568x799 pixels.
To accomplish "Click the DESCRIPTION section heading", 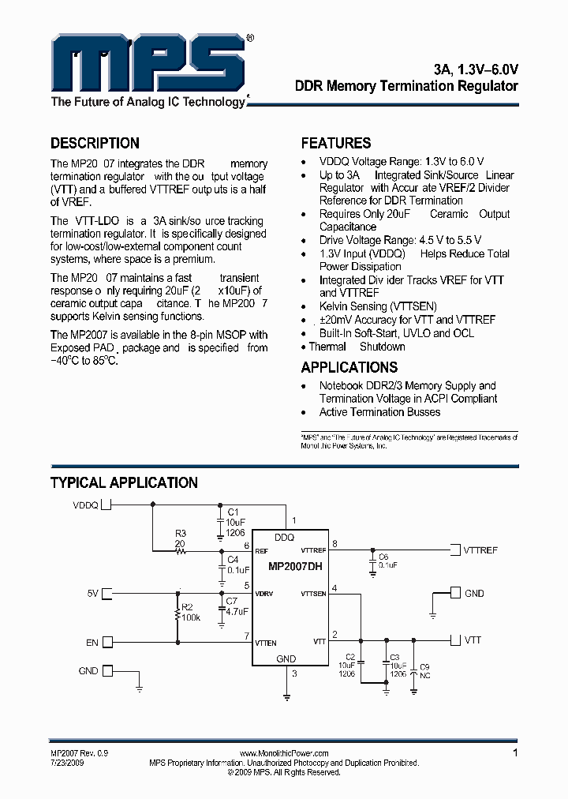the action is [x=95, y=143].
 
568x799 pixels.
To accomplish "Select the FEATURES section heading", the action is [x=336, y=143].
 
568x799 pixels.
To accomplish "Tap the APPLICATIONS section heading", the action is [x=349, y=367].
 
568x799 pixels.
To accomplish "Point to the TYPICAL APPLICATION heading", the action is [x=124, y=482].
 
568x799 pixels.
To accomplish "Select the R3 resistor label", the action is [x=181, y=534].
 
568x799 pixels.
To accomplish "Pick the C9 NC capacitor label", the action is [x=424, y=671].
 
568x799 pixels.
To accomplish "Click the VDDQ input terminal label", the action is [x=85, y=505].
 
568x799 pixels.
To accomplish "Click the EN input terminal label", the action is [x=92, y=643].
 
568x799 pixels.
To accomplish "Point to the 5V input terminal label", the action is [x=93, y=591].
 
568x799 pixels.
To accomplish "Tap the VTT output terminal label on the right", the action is [x=473, y=640].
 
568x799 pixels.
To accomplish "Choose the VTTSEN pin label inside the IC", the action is [x=313, y=594].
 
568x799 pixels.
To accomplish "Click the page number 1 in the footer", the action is [x=515, y=753].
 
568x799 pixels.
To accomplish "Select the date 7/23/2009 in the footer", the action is [x=67, y=763].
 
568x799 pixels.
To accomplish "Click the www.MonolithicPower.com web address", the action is [x=283, y=754].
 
